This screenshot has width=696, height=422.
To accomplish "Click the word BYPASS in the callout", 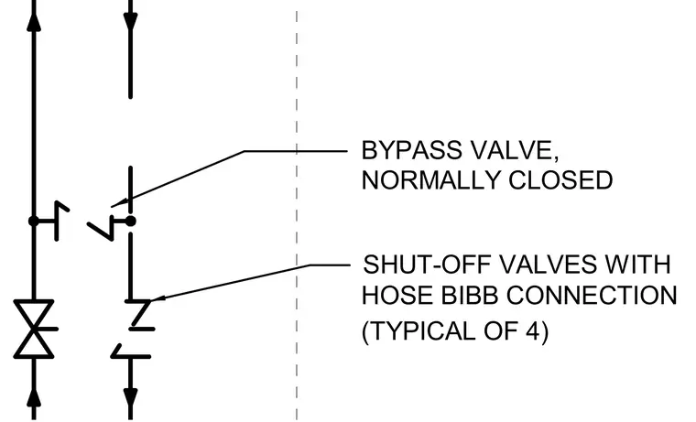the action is coord(411,150).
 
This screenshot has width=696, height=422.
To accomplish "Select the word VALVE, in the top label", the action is coord(514,151).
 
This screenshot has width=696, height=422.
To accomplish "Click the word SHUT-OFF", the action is coord(427,265).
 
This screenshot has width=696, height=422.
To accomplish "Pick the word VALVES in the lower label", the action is coord(549,265).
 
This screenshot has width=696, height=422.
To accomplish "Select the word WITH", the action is coord(638,265).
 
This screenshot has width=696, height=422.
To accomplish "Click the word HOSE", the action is coord(397,295).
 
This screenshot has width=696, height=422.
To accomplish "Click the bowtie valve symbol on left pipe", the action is coord(34,329).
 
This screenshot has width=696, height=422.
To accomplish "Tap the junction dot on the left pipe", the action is coord(33,221).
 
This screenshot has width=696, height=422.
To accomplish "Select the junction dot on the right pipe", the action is coord(130,221).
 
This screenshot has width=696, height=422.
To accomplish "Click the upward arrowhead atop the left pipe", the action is coord(34,21).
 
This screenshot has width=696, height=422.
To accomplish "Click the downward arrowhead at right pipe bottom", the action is coord(130,398).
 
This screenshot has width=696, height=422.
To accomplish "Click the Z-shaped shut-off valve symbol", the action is coord(141,315).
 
